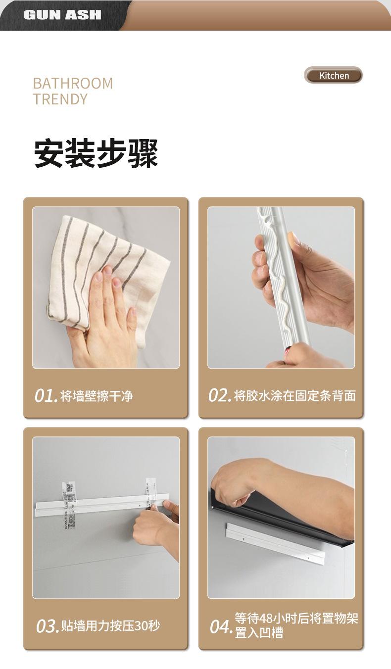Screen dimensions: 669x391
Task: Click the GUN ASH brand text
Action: click(62, 15)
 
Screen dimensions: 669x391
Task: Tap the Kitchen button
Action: click(334, 76)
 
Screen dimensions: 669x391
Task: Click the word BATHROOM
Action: click(73, 83)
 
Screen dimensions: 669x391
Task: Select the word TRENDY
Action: click(60, 99)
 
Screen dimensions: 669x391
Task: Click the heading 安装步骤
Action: click(96, 153)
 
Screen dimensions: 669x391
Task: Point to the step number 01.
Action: click(46, 396)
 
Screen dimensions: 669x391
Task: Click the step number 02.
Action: click(219, 396)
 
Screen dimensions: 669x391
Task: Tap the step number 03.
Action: click(47, 626)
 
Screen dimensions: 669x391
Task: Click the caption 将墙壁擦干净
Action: click(97, 396)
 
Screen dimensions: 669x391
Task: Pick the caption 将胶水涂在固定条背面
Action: click(295, 396)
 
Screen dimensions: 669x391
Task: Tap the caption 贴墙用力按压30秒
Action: click(110, 626)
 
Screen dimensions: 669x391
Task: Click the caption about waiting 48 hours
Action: click(296, 626)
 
